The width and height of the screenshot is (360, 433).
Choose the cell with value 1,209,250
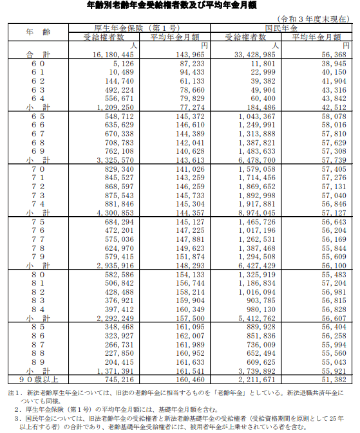pyautogui.click(x=115, y=107)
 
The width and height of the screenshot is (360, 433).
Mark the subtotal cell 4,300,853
pyautogui.click(x=115, y=211)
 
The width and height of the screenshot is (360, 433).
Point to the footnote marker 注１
pyautogui.click(x=12, y=391)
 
